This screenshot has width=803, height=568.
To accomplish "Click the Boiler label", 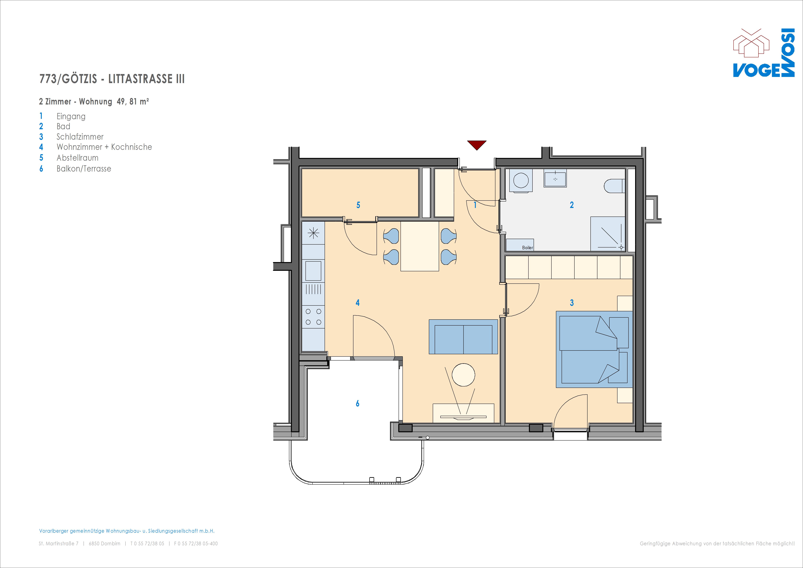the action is [x=527, y=247].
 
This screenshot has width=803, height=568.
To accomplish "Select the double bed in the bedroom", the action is [x=594, y=349].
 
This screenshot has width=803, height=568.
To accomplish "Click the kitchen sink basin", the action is [x=313, y=271].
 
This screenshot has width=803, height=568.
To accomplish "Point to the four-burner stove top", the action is [x=313, y=317].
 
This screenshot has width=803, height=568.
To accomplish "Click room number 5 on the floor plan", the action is [x=358, y=205].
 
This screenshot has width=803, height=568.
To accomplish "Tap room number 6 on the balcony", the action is [x=357, y=403].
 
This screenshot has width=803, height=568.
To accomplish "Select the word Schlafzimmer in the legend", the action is [x=80, y=137].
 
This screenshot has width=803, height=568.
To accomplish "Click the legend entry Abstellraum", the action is [x=78, y=158].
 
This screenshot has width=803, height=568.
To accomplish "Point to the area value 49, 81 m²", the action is [x=133, y=102].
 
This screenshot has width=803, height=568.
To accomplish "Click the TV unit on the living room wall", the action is [x=463, y=413].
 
